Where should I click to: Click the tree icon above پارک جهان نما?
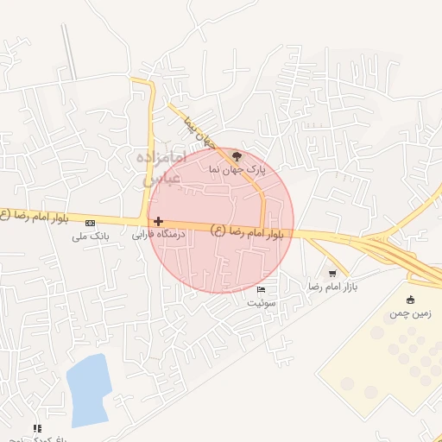point(237,155)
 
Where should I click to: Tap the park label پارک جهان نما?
point(235,171)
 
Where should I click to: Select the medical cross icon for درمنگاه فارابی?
point(158,222)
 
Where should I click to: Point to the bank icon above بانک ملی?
point(91,223)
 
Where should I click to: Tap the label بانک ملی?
point(90,235)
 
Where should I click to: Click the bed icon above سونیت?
point(262,289)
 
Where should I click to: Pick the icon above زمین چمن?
point(410,300)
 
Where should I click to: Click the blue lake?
point(89,390)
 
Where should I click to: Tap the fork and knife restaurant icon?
point(36,427)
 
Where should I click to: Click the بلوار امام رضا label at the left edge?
point(17,214)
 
